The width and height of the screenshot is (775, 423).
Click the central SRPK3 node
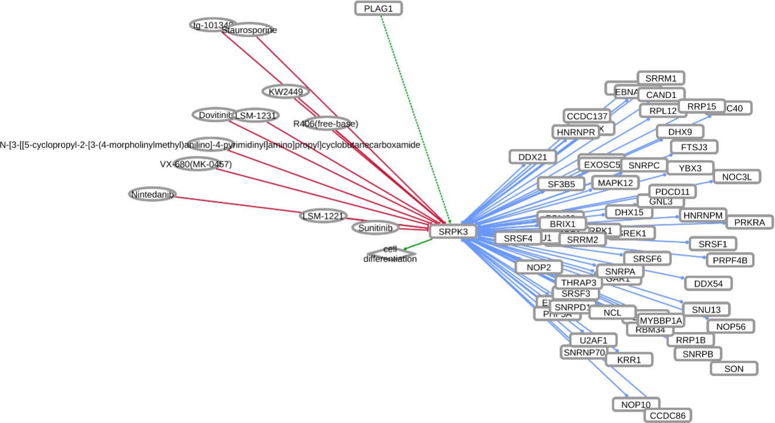[453, 231]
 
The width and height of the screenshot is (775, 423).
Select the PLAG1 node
[379, 9]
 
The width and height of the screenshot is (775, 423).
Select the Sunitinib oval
[375, 227]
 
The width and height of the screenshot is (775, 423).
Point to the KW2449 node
[285, 91]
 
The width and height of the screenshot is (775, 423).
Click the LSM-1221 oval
[322, 216]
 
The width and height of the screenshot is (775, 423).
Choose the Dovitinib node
[212, 115]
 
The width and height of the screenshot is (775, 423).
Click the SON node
[734, 369]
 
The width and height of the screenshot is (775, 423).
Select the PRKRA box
[750, 223]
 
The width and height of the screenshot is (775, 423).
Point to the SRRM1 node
[661, 78]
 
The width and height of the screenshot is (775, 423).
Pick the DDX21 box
[532, 157]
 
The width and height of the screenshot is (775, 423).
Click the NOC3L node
[737, 176]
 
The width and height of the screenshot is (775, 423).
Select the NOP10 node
[636, 404]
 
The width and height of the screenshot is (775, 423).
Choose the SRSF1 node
[712, 244]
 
